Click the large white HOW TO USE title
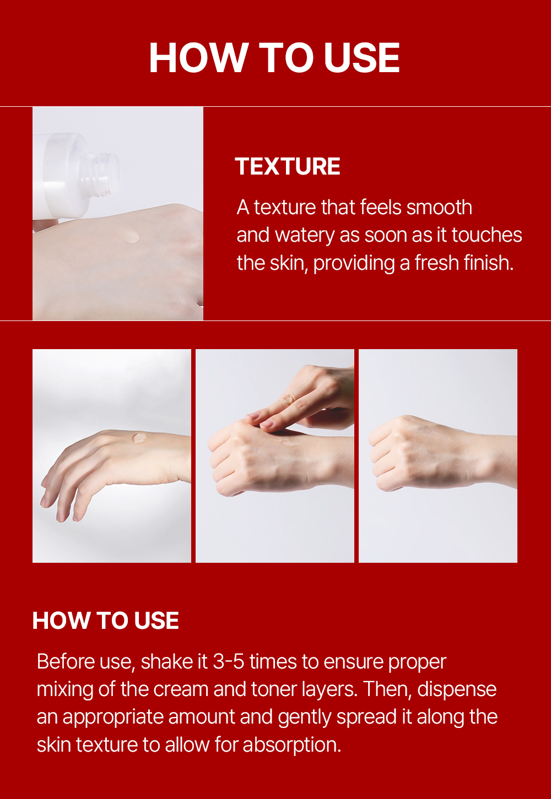[274, 58]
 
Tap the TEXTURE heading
[287, 167]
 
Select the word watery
[305, 236]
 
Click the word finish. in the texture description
[489, 263]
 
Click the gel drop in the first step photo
[139, 438]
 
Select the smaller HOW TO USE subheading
[106, 621]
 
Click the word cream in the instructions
[181, 689]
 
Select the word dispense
[456, 690]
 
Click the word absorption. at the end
[292, 745]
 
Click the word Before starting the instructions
[66, 662]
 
